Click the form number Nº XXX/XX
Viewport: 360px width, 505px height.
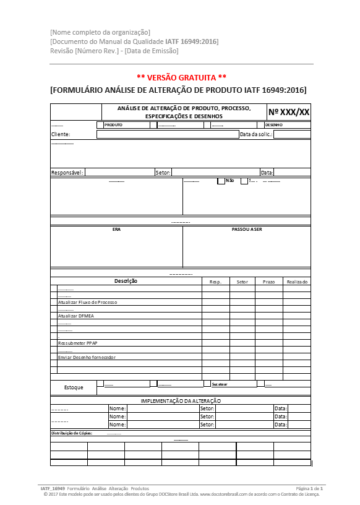[288, 112]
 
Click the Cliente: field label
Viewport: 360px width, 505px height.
[61, 134]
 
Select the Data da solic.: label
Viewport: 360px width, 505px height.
[256, 134]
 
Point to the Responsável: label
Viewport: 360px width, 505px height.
[67, 173]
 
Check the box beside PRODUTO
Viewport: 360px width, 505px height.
[100, 124]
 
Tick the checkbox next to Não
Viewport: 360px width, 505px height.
[221, 181]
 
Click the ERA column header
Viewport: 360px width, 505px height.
[116, 229]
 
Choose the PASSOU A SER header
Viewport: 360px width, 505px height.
[247, 229]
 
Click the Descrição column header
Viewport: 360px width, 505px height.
[126, 282]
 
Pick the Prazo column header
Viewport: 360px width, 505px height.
[268, 282]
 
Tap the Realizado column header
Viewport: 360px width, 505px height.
[297, 282]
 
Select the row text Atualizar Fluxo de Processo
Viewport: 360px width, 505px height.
[87, 302]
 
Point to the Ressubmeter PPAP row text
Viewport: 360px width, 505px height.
[77, 343]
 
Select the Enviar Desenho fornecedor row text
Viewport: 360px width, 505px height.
[87, 357]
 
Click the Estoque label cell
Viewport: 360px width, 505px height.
[74, 387]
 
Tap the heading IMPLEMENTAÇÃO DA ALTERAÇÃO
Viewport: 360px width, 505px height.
[181, 401]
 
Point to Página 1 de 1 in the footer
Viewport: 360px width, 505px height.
[310, 489]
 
